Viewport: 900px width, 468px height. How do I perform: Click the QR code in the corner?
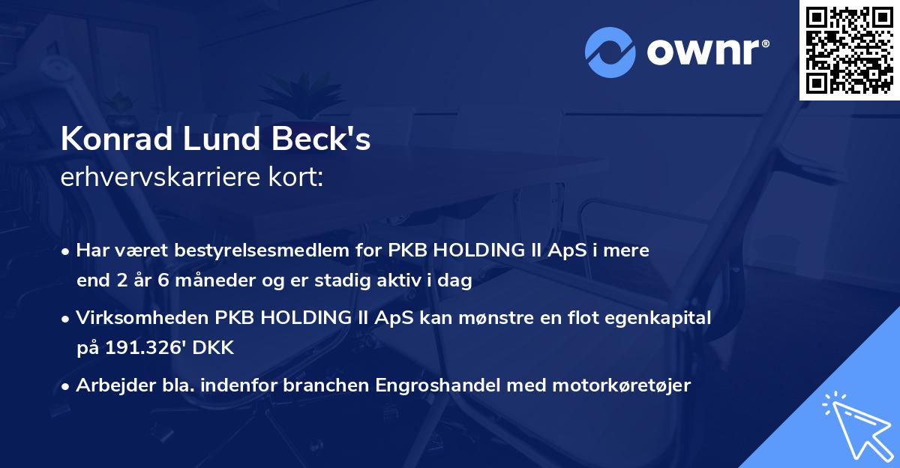[849, 50]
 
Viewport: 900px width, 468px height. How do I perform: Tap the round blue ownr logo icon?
[610, 52]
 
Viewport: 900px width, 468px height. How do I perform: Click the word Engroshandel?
[443, 385]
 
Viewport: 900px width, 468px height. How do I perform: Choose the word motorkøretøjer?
[622, 385]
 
